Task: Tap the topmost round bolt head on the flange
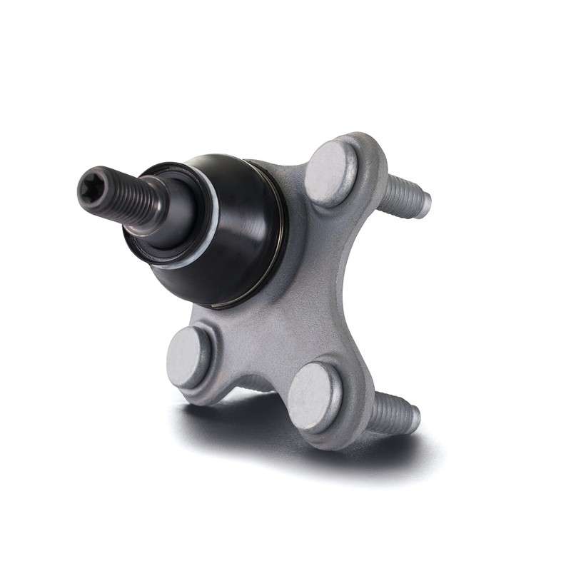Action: click(x=330, y=173)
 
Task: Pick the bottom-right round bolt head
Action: click(x=315, y=397)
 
